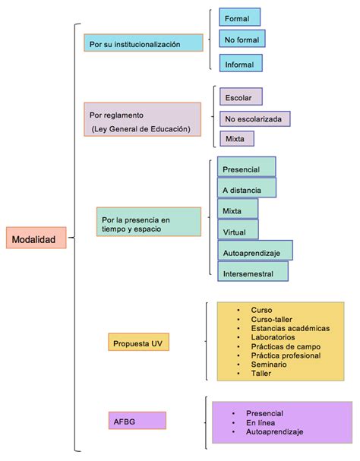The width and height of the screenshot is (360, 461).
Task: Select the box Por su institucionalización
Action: click(144, 44)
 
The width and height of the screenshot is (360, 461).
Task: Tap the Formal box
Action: click(239, 17)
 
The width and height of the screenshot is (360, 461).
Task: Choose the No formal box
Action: click(242, 39)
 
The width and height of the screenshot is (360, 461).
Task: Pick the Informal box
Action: click(241, 64)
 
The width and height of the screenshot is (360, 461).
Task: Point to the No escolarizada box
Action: click(254, 118)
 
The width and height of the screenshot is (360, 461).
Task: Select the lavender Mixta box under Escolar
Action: click(235, 139)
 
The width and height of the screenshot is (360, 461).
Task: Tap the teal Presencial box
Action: click(246, 168)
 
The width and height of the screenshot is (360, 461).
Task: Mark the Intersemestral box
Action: click(253, 272)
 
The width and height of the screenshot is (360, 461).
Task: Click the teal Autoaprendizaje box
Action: click(254, 251)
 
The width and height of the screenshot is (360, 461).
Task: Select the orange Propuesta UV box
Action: click(138, 343)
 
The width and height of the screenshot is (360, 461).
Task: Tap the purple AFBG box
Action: click(137, 419)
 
